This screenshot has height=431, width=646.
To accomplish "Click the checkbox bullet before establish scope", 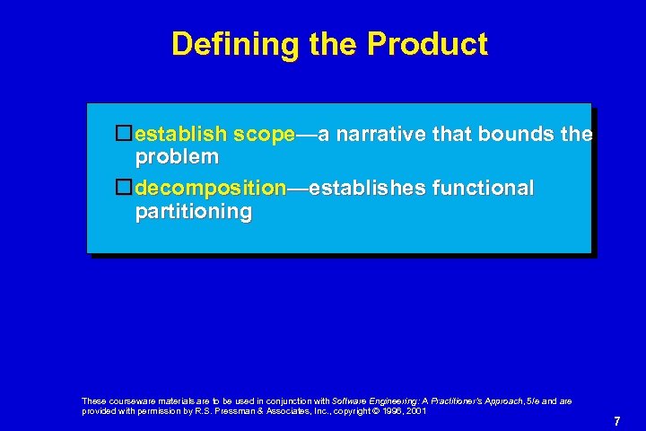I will coord(125,135).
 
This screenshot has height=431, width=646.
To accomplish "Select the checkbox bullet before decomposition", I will coord(125,189).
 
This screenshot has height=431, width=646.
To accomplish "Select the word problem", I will coord(177,157).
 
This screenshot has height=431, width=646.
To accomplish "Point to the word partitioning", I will coord(193,212).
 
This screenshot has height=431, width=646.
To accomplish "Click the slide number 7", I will coord(617,421).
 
